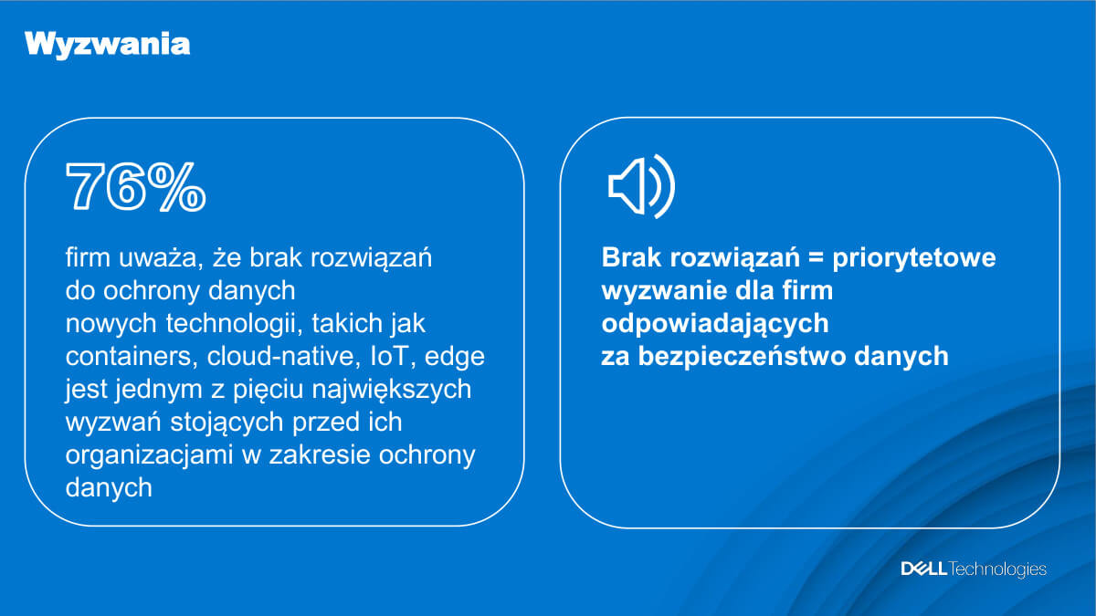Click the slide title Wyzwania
[x=108, y=45]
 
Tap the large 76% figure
[x=136, y=189]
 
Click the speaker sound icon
[x=641, y=187]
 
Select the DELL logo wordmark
[x=923, y=569]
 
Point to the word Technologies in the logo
[x=998, y=569]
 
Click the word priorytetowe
[x=913, y=258]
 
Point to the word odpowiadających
[x=715, y=324]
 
